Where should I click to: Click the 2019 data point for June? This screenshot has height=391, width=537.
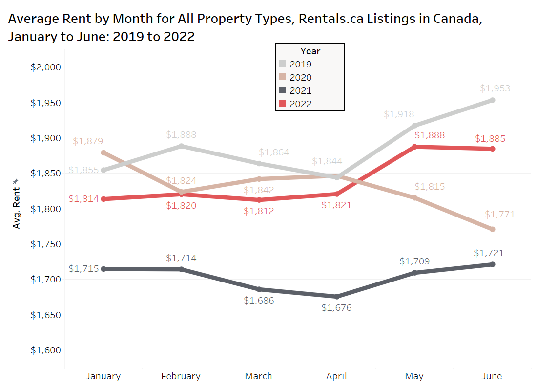point(492,100)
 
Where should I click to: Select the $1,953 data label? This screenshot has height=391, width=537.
point(495,88)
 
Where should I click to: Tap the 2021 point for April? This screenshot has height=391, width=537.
point(336,297)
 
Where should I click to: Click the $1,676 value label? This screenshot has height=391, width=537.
point(336,308)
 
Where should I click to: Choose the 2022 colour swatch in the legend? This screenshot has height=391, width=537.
point(283,104)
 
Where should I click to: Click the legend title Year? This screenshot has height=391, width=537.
point(310,51)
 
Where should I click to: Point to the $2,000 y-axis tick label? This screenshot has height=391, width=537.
point(45,67)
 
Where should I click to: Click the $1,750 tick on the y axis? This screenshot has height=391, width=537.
point(45,244)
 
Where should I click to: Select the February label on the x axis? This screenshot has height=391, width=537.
point(181,376)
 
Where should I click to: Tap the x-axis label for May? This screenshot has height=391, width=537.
point(414,376)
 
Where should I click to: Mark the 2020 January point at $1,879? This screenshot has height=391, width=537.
point(103,152)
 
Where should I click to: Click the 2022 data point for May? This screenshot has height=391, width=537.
point(414,147)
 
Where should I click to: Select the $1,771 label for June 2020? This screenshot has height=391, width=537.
point(500,215)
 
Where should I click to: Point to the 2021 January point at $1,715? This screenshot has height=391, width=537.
point(103,269)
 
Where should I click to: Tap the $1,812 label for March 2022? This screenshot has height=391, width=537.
point(259,211)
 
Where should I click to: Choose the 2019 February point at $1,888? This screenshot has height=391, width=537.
point(181,146)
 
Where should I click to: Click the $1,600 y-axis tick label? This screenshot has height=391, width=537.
point(45,350)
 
